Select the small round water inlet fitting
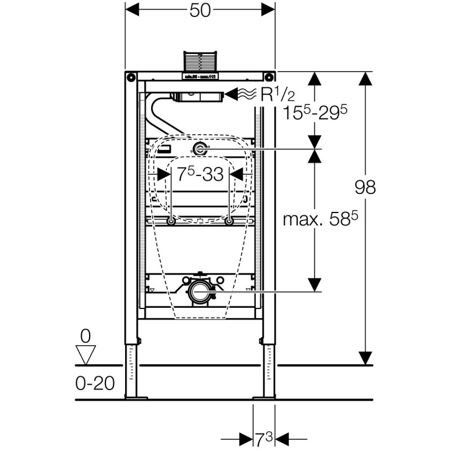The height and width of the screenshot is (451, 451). coord(200,149)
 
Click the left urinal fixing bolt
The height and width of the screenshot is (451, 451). coord(171,222)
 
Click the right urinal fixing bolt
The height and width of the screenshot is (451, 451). coord(229,222)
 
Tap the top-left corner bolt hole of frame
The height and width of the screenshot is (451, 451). coord(131,77)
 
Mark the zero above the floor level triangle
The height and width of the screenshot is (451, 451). coord(86,337)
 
